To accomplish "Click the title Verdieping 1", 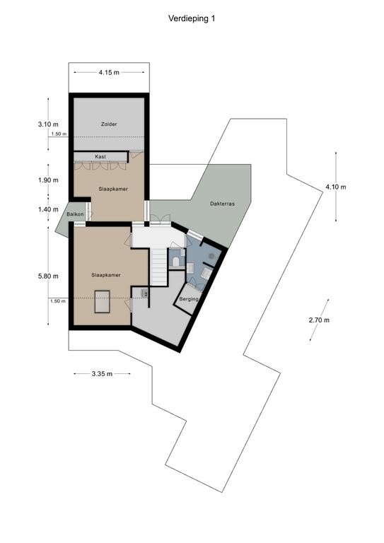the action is (x=192, y=18).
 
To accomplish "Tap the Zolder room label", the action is (x=109, y=124).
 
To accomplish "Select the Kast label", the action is (x=100, y=156).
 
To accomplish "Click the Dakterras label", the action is (x=222, y=204).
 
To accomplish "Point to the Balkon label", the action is (x=75, y=214).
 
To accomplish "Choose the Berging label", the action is (x=189, y=299).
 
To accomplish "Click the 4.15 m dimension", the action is (x=109, y=72).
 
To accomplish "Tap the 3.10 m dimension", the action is (x=48, y=124).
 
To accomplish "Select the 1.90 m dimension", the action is (x=48, y=180).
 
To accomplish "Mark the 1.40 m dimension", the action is (x=48, y=209).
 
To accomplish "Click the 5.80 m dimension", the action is (x=48, y=276).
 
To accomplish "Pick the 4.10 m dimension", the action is (x=335, y=187).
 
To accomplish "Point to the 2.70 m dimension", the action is (x=319, y=320).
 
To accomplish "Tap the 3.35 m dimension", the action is (x=102, y=373).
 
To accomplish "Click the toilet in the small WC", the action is (x=176, y=262).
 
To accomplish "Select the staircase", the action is (x=159, y=267).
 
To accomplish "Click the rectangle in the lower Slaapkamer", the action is (x=102, y=302).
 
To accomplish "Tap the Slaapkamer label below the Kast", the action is (x=113, y=189).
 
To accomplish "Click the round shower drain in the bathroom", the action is (x=211, y=256).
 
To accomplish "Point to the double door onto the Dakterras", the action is (x=161, y=219).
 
